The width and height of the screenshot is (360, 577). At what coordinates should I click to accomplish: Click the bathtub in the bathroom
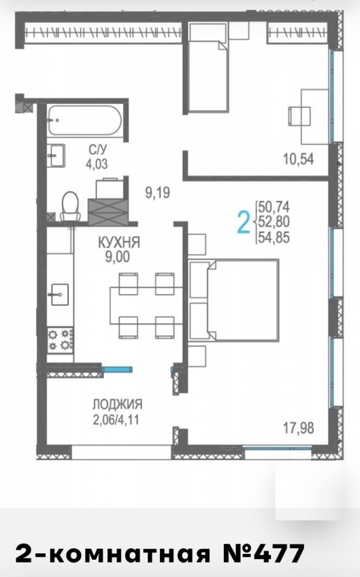(x=84, y=121)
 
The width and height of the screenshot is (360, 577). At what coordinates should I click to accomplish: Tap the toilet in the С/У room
(x=70, y=207)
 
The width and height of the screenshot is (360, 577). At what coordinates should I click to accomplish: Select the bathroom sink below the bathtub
(x=56, y=156)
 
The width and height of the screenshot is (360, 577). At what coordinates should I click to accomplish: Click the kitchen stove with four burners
(x=60, y=340)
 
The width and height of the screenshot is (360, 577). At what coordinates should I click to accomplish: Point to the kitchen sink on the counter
(x=59, y=294)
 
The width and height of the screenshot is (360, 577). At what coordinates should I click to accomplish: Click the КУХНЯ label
(x=119, y=242)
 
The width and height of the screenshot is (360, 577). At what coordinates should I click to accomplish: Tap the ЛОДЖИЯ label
(x=117, y=404)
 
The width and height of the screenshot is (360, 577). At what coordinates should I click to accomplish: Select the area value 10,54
(x=298, y=159)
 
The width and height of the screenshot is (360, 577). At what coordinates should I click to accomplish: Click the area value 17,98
(x=298, y=428)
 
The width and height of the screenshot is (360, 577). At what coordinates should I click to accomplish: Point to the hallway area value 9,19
(x=157, y=193)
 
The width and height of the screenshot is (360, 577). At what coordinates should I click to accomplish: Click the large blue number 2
(x=243, y=222)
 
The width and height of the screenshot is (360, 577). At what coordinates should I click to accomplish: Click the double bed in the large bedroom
(x=234, y=300)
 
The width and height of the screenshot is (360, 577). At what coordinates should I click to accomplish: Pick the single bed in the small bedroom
(x=208, y=67)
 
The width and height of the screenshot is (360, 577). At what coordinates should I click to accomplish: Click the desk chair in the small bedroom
(x=299, y=116)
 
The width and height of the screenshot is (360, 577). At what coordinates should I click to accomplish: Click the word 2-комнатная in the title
(x=112, y=554)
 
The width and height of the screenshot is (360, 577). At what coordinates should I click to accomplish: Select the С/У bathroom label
(x=97, y=149)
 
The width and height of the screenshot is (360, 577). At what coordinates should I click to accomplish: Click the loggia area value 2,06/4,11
(x=117, y=419)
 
